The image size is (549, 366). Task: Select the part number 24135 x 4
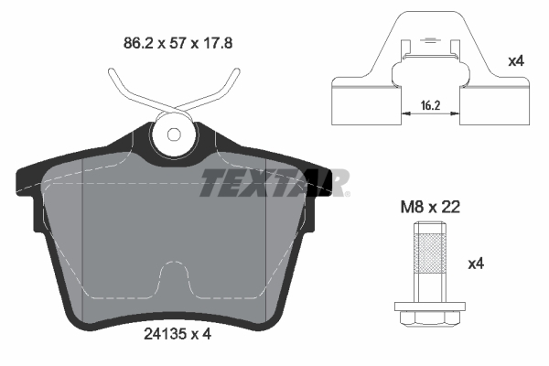click(171, 335)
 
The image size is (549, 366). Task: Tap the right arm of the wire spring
click(220, 91)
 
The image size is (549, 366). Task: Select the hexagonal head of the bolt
click(428, 318)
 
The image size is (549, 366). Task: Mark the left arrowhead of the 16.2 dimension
click(404, 115)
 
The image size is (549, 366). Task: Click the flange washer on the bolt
click(428, 305)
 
